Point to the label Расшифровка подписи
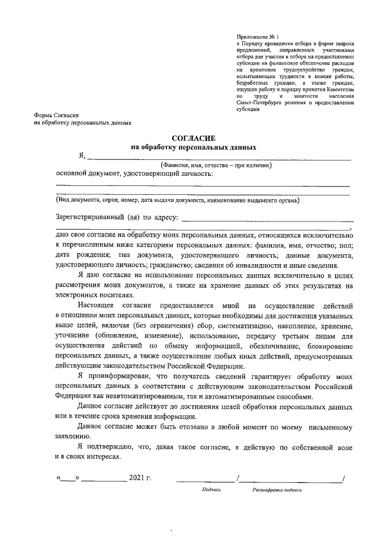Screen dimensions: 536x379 pos(277,490)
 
